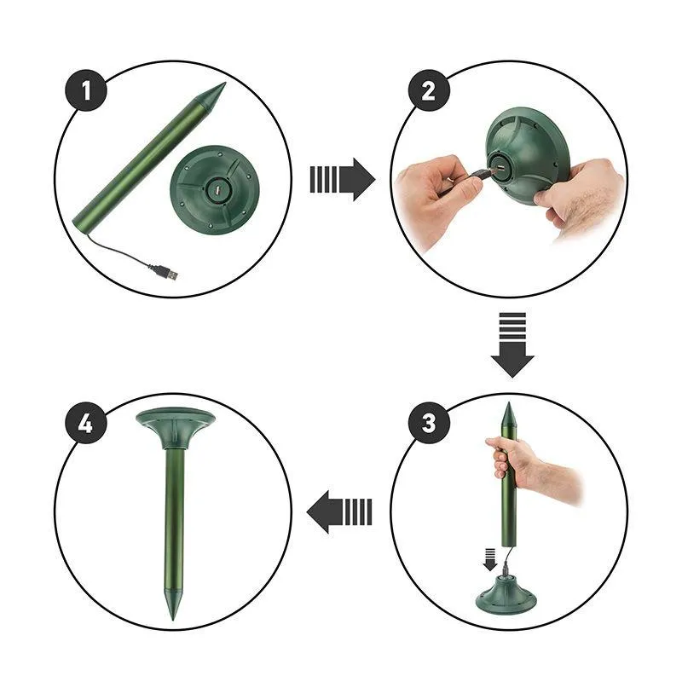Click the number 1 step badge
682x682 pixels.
(86, 90)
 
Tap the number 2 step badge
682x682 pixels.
(429, 91)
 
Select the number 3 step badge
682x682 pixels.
(429, 422)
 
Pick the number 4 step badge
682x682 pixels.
(86, 422)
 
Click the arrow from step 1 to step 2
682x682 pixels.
(343, 179)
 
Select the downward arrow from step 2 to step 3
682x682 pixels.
(512, 345)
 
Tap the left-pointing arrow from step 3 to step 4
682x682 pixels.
(339, 511)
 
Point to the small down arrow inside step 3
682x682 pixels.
(490, 559)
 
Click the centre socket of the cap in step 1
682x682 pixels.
(217, 190)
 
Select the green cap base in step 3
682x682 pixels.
(506, 592)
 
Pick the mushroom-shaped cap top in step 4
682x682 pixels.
(175, 428)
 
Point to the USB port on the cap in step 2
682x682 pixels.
(499, 169)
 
